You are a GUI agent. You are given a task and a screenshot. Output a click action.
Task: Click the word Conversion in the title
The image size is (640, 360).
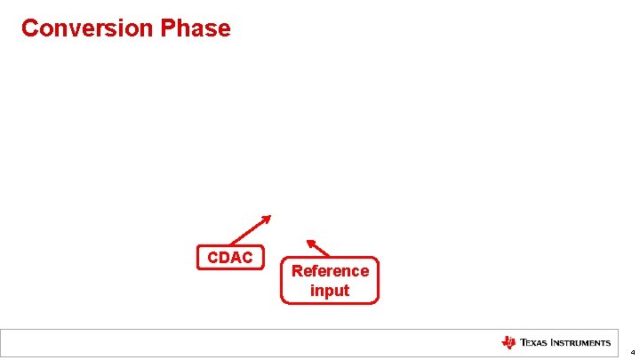pos(87,28)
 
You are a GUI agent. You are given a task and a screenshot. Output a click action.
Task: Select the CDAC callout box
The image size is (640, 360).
pos(230,258)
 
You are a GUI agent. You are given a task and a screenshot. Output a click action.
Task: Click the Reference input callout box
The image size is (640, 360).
pos(330,281)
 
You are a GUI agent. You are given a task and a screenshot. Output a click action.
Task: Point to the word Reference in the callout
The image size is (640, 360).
pos(330,271)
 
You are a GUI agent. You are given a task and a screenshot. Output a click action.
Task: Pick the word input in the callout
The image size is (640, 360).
pos(330,291)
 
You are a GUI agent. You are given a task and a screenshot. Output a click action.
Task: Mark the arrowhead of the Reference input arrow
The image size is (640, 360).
pos(310,241)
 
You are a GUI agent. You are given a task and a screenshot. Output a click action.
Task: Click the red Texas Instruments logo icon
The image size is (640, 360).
pos(508,343)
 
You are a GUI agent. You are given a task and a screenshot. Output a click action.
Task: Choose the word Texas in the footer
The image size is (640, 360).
pos(534,343)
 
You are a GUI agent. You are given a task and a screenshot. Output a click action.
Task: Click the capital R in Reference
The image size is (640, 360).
pos(297,271)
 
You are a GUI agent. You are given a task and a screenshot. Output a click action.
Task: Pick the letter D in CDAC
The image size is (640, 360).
pos(224,258)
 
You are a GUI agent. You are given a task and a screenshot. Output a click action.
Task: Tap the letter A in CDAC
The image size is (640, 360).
pos(236,258)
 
